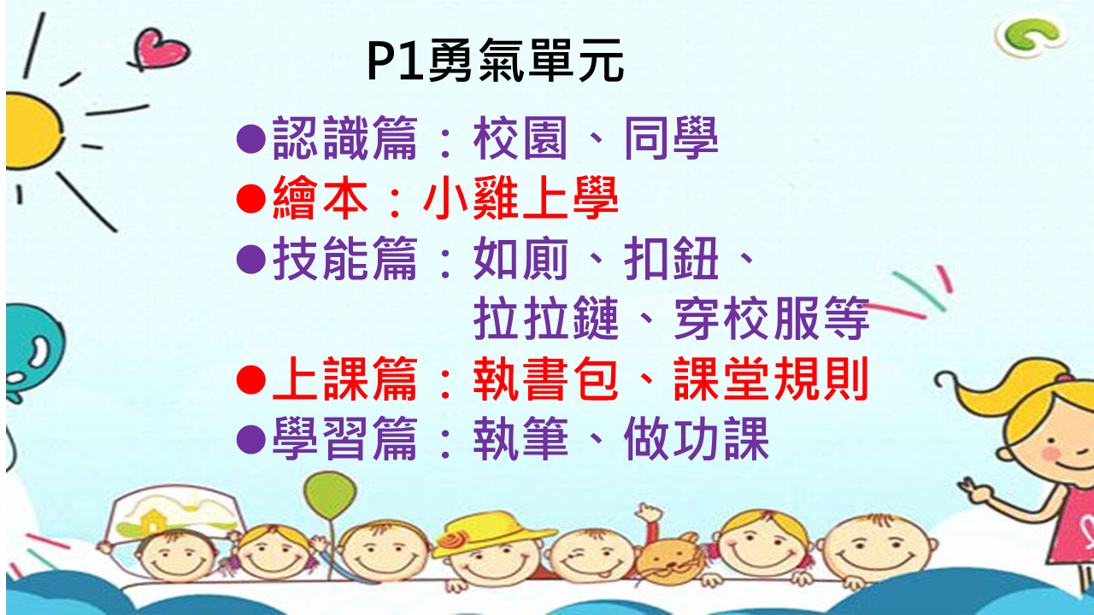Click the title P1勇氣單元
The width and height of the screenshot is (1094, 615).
tap(495, 61)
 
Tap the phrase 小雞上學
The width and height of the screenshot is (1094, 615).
tap(521, 198)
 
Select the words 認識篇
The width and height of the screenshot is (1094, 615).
tap(344, 138)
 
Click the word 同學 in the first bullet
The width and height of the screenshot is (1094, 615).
tap(671, 138)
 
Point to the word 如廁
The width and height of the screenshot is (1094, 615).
tap(521, 258)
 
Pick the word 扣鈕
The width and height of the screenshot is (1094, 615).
tap(671, 258)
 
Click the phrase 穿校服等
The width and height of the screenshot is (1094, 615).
tap(771, 319)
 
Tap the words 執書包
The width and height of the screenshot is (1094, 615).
tap(546, 378)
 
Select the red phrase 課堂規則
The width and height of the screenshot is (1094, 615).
tap(771, 378)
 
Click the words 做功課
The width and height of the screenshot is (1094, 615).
tap(697, 439)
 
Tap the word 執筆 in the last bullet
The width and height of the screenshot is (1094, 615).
tap(521, 439)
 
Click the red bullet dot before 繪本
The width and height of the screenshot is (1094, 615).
tap(251, 199)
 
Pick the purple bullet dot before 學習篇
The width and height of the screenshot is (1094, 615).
tap(251, 439)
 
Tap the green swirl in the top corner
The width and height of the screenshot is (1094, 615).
tap(1030, 36)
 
